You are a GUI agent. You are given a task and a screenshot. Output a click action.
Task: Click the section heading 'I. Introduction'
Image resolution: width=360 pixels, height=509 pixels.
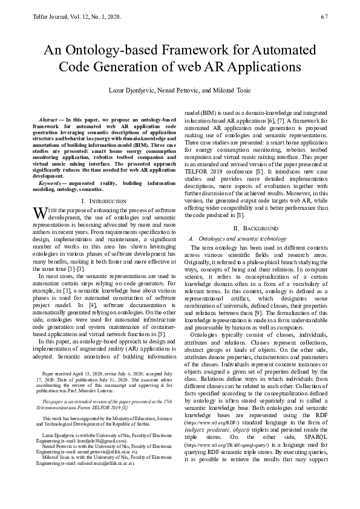(x=103, y=200)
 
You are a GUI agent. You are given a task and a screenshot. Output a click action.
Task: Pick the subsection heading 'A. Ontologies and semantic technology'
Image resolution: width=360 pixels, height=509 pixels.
(x=238, y=238)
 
